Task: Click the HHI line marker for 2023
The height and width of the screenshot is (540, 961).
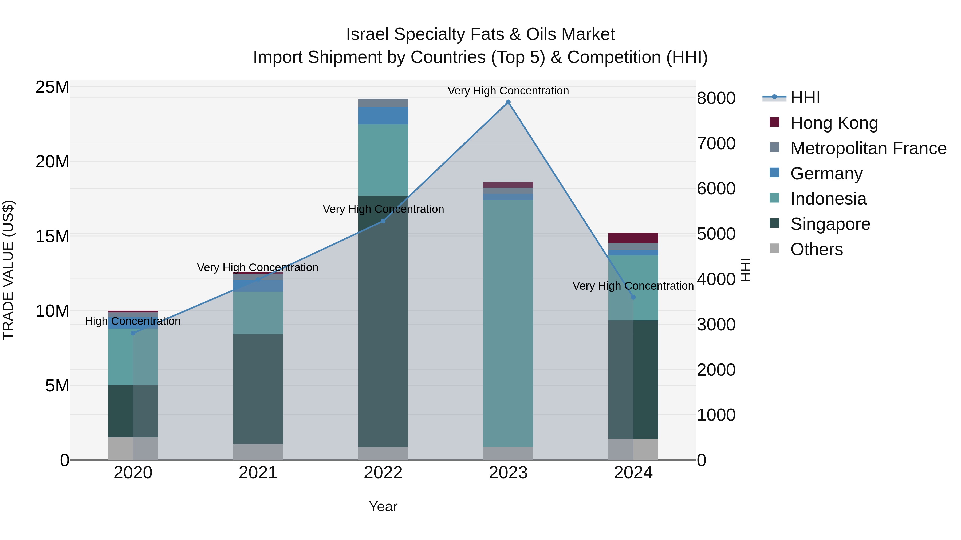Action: (508, 102)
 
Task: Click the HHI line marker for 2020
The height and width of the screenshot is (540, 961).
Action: (133, 333)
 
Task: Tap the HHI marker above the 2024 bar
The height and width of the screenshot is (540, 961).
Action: (633, 297)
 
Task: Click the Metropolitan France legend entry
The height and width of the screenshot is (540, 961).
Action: (868, 148)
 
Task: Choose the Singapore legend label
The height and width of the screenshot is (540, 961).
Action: (830, 224)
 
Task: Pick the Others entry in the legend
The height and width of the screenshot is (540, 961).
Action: (816, 249)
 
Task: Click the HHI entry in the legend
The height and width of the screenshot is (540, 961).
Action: (805, 98)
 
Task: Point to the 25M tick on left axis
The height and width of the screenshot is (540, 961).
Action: (52, 87)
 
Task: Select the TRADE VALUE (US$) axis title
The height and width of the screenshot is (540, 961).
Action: (8, 270)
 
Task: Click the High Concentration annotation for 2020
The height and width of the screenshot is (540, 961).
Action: (133, 321)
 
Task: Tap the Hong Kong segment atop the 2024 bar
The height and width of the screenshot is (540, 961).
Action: (633, 238)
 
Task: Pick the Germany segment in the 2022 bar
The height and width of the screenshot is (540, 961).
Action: (383, 115)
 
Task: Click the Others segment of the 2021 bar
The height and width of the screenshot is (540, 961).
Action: (258, 452)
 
